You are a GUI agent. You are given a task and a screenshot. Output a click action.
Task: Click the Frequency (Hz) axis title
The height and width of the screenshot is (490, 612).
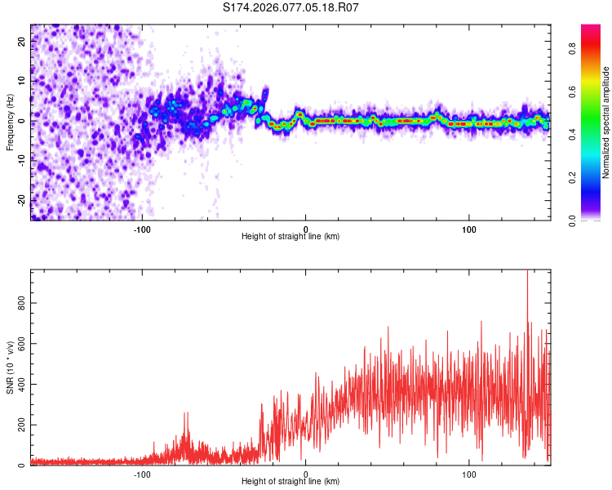[x=10, y=122]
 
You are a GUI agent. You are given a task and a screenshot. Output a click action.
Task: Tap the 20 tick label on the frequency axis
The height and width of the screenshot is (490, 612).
[x=22, y=42]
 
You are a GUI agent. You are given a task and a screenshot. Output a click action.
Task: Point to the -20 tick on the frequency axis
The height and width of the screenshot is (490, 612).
[x=22, y=200]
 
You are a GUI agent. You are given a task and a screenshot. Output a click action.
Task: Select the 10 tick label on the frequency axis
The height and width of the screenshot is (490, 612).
[x=22, y=82]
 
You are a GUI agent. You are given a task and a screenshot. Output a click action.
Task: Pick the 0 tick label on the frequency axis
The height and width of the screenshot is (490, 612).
[x=22, y=121]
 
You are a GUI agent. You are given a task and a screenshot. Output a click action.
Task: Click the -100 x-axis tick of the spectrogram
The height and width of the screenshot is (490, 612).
[x=142, y=229]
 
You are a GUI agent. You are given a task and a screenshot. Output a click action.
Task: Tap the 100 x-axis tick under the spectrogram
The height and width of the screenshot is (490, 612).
[x=469, y=229]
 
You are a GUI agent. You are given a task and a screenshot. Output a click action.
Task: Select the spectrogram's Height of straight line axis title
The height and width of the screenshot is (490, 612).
[x=290, y=237]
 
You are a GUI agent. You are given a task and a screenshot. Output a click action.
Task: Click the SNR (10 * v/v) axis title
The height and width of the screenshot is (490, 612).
[x=10, y=367]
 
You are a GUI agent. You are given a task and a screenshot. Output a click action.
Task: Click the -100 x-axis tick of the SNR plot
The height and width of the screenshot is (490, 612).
[x=142, y=474]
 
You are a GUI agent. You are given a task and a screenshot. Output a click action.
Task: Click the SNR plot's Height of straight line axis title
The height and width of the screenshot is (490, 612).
[x=290, y=482]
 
